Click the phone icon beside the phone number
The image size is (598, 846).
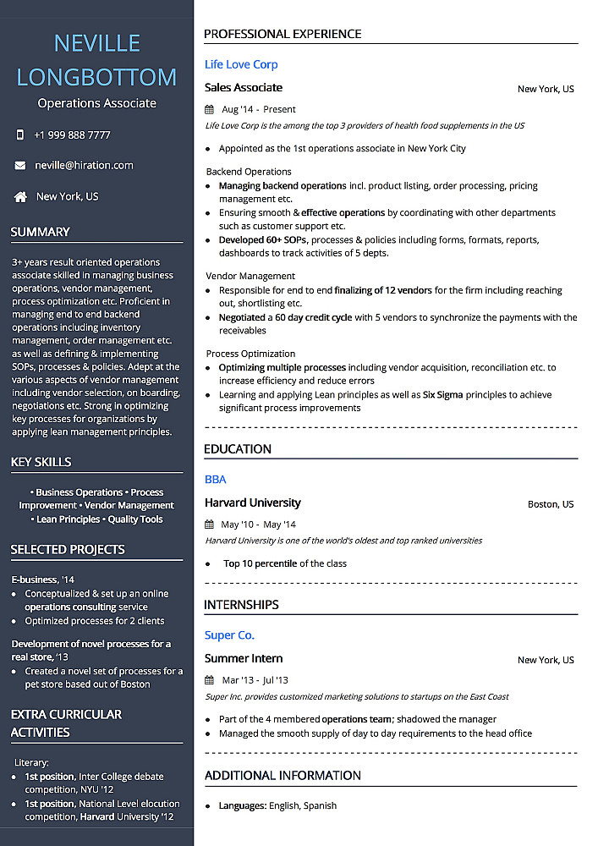point(20,135)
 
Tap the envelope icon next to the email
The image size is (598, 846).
point(20,166)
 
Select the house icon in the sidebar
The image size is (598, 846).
point(20,197)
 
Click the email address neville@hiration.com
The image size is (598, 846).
point(84,166)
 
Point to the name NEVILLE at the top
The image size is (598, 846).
point(96,43)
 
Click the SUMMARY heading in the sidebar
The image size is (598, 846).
point(40,232)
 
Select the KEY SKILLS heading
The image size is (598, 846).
point(41,462)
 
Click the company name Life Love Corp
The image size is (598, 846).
point(241,64)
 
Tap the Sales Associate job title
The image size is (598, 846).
point(244,88)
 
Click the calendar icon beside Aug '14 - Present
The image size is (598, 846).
point(210,109)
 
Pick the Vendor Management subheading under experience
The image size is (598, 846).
point(250,276)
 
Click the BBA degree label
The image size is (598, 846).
point(216,480)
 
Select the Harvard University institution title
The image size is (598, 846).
point(252,503)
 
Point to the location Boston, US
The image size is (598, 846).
point(551,504)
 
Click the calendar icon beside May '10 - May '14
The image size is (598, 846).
point(210,525)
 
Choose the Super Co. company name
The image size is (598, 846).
point(229,635)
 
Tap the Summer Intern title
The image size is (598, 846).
point(244,659)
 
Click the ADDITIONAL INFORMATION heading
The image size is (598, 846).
point(283,776)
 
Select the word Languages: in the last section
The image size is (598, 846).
point(243,806)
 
